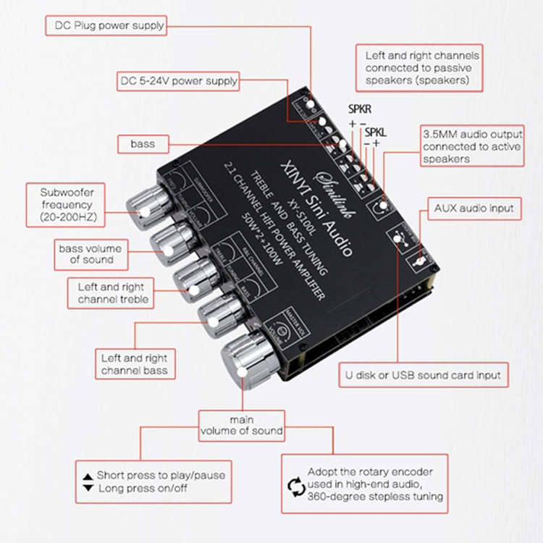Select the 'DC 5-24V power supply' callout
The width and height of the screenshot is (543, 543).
(x=178, y=81)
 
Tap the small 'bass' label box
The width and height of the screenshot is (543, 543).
(x=143, y=143)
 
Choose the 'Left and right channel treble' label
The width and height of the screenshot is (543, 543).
(x=112, y=292)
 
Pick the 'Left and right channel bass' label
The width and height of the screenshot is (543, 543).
(x=134, y=364)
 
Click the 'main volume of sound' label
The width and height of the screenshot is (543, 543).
(x=242, y=425)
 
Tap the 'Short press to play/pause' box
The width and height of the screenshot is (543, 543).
(x=153, y=481)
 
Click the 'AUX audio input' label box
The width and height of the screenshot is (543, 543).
(x=473, y=208)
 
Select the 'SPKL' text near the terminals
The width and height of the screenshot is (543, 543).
(x=376, y=132)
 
